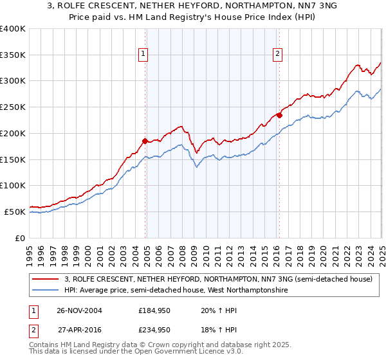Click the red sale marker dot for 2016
pyautogui.click(x=279, y=115)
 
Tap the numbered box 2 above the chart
pyautogui.click(x=277, y=54)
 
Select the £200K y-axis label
pyautogui.click(x=13, y=134)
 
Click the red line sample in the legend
pyautogui.click(x=46, y=279)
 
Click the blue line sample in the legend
pyautogui.click(x=46, y=291)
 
